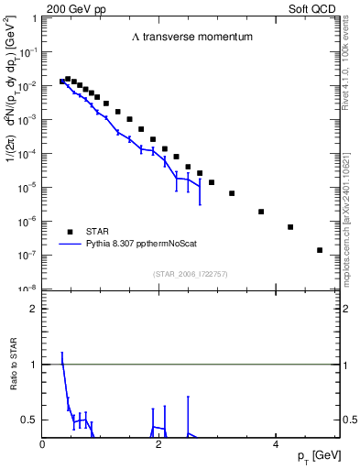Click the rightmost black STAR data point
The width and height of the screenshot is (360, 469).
320,250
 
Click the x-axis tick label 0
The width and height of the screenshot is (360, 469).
43,445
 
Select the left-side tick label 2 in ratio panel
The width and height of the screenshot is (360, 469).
34,309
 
